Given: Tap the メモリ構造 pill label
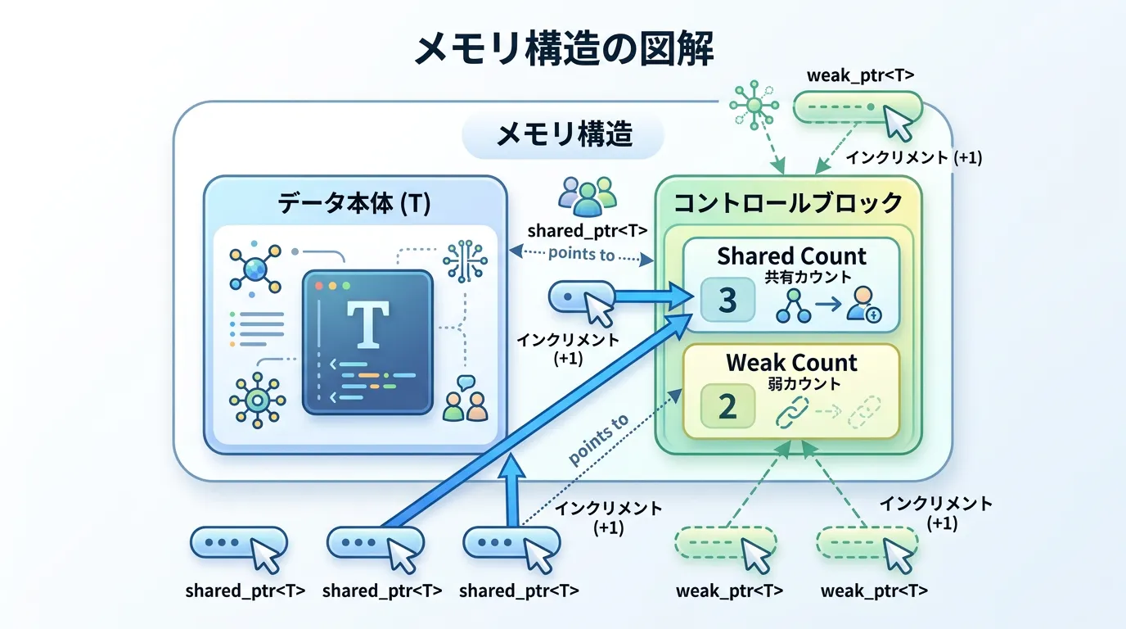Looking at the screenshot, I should (564, 134).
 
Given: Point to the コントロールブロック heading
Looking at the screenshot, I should (787, 202).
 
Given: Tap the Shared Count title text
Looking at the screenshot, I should (791, 256).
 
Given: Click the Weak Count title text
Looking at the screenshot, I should (791, 363).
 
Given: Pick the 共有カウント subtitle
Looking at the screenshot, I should (791, 277).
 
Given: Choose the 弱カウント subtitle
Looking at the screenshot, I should (791, 382).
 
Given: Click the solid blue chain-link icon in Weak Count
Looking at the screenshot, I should (793, 411).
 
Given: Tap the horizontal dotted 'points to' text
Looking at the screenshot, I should (581, 254).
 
